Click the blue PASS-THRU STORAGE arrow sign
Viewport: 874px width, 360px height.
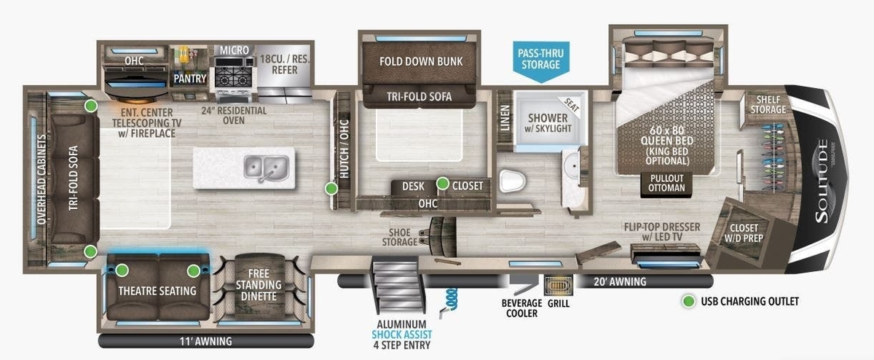pos(540,62)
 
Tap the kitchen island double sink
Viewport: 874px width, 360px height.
pos(267,168)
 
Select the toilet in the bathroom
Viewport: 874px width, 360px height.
pos(513,181)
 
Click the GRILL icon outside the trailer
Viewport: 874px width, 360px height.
pos(559,286)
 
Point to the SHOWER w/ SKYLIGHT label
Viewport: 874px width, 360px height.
pos(548,123)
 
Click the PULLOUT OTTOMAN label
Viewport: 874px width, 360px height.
pos(667,183)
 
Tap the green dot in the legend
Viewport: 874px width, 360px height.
pos(689,301)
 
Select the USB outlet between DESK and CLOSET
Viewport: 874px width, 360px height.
pos(443,183)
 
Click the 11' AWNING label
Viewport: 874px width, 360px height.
pos(205,341)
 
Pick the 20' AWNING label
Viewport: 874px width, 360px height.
pos(620,281)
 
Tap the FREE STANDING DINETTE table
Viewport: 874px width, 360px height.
pos(259,286)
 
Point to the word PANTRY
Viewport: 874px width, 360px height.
pos(190,79)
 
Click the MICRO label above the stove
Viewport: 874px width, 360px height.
pos(234,50)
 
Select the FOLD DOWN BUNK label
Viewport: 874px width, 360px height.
pos(421,61)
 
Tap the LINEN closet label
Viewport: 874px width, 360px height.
pos(505,118)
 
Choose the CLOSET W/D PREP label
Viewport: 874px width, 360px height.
pos(744,232)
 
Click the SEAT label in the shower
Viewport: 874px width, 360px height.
pos(572,105)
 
